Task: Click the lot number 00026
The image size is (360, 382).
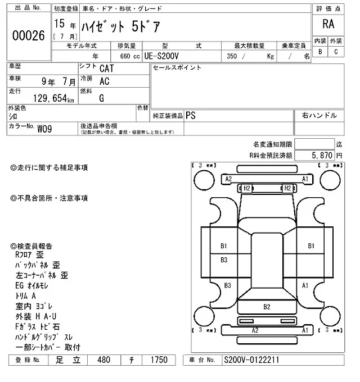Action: pyautogui.click(x=28, y=35)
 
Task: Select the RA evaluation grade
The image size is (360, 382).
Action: pyautogui.click(x=327, y=24)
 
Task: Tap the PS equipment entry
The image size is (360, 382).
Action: pyautogui.click(x=191, y=115)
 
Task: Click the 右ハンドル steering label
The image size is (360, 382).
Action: pyautogui.click(x=319, y=116)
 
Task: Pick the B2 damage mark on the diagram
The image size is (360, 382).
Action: pyautogui.click(x=267, y=307)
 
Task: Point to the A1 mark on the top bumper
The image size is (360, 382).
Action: pyautogui.click(x=305, y=179)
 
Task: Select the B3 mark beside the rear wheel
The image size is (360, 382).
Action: pyautogui.click(x=228, y=285)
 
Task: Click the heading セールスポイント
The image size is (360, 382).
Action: pyautogui.click(x=177, y=68)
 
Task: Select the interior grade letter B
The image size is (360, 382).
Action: pyautogui.click(x=320, y=52)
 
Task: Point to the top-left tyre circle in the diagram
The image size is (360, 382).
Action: pyautogui.click(x=202, y=180)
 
